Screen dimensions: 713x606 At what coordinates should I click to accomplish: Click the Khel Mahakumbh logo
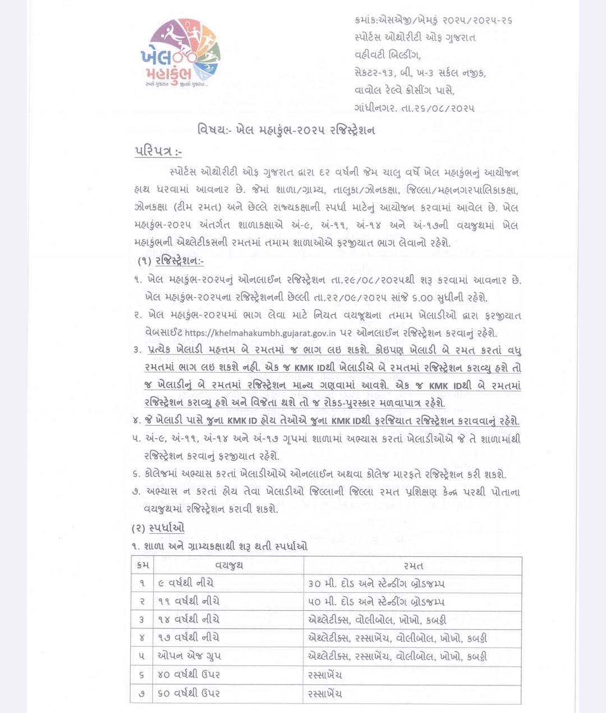tap(180, 53)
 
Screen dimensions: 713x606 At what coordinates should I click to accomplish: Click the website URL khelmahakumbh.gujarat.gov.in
tap(260, 333)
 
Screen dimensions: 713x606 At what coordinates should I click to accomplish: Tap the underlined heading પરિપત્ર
tap(158, 152)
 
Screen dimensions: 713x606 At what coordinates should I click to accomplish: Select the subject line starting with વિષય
tap(286, 130)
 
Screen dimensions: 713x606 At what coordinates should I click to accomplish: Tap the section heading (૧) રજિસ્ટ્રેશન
tap(171, 261)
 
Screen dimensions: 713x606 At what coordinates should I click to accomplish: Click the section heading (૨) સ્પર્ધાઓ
tap(158, 528)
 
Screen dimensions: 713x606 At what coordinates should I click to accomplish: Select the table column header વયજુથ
tap(229, 565)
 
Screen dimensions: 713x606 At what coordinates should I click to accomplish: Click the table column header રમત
tap(414, 565)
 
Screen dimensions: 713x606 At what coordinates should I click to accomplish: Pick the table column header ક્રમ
tap(142, 565)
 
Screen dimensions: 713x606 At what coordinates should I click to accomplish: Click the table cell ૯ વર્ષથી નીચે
tap(185, 583)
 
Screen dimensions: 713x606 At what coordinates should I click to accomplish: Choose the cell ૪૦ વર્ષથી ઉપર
tap(189, 674)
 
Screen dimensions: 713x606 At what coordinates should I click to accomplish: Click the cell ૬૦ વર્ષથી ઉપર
tap(189, 693)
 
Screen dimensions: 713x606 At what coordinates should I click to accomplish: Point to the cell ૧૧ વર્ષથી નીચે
tap(188, 601)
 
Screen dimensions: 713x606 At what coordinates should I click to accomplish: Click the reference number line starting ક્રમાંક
tap(433, 20)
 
